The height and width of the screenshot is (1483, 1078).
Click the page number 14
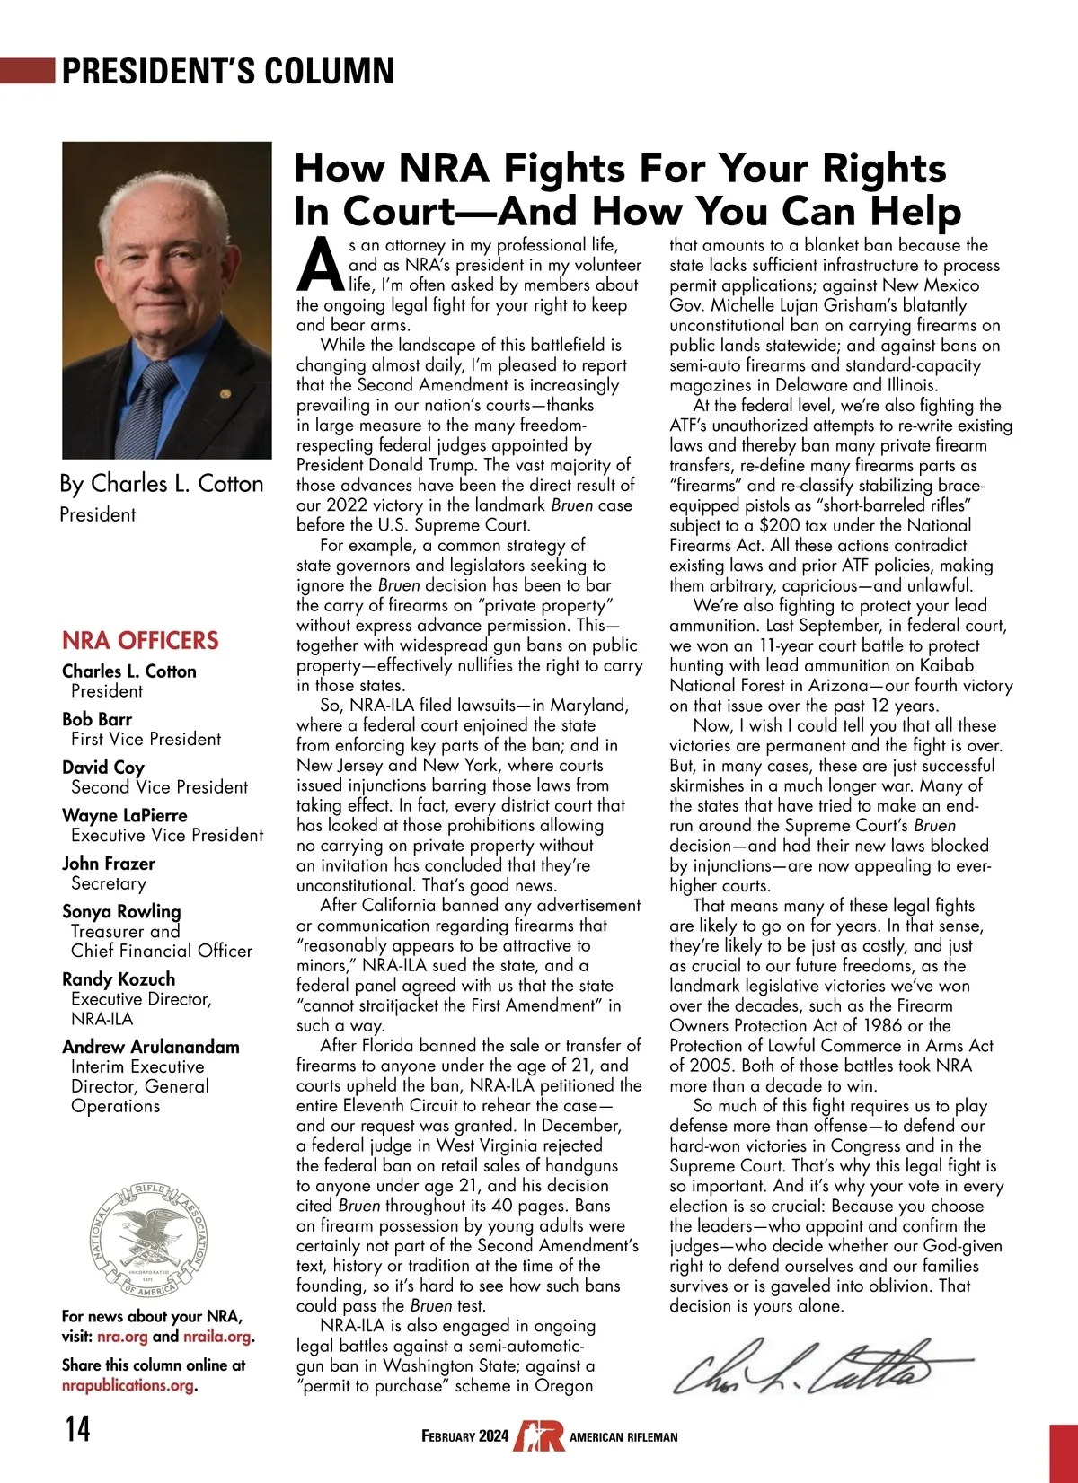pos(77,1427)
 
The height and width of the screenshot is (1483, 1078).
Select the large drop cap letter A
pos(320,265)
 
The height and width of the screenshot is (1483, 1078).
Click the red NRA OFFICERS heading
pos(140,640)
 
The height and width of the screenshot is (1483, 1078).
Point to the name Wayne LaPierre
pos(125,815)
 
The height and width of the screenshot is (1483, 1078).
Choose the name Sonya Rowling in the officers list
pos(121,911)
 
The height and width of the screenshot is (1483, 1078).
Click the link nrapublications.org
pos(128,1385)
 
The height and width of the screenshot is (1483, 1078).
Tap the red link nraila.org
pos(216,1337)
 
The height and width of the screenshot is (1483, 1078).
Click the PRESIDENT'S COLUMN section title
pos(227,71)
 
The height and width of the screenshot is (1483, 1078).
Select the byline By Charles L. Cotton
pos(162,484)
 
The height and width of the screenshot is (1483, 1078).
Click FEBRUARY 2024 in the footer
pos(464,1436)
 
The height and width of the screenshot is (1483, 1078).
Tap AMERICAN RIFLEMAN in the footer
pos(623,1437)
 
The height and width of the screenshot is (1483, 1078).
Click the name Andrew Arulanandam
pos(151,1047)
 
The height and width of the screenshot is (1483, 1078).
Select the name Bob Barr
pos(97,719)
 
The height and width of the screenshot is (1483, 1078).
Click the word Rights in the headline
pos(885,169)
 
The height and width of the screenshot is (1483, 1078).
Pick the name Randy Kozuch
pos(119,979)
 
